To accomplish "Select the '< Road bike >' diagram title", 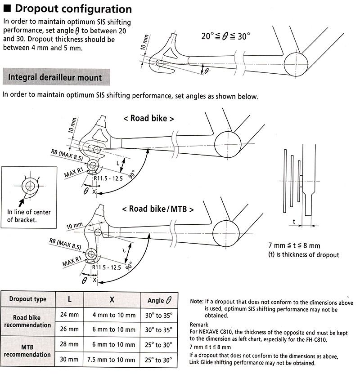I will point(148,119).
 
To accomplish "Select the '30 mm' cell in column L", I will point(69,360).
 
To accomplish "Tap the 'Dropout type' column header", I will point(28,299).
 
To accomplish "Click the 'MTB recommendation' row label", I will point(28,352).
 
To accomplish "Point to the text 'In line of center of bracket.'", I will point(28,216).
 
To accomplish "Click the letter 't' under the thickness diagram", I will point(294,222).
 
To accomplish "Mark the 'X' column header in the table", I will point(113,299).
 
